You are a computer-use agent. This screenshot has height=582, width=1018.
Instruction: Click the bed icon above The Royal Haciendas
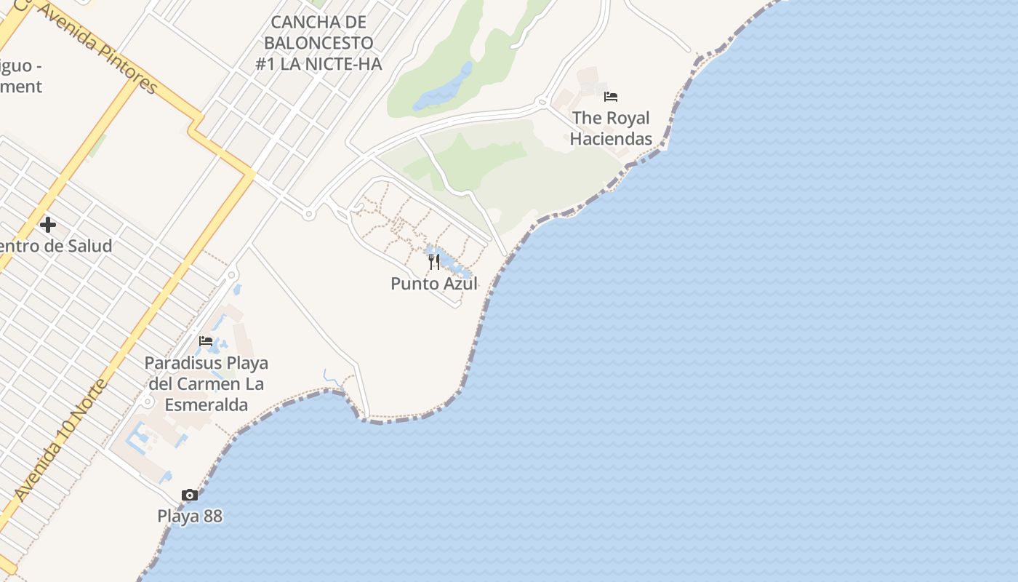click(x=611, y=96)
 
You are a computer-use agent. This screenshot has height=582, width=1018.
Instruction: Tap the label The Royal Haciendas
click(x=611, y=128)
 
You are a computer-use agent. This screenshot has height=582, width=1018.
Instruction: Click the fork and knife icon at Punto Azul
click(x=434, y=262)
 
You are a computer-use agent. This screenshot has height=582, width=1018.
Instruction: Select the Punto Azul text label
click(x=434, y=284)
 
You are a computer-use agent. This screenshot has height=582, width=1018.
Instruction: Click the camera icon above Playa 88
click(x=190, y=495)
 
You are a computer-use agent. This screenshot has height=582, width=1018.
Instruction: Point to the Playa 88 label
click(x=190, y=517)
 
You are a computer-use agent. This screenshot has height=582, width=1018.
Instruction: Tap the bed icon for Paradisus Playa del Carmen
click(x=206, y=341)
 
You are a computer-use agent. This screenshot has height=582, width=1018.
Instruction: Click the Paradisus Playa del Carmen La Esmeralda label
click(x=207, y=383)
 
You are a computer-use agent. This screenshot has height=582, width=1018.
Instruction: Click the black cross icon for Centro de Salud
click(x=48, y=225)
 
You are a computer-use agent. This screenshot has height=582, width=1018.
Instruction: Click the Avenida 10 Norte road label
click(x=61, y=439)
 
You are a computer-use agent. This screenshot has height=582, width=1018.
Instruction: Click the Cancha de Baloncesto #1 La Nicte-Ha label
click(x=318, y=43)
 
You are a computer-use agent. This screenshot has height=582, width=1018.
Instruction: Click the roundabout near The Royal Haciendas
click(x=542, y=103)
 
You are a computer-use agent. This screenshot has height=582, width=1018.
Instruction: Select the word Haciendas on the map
click(x=611, y=139)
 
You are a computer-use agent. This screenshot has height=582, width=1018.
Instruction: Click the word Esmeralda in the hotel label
click(x=207, y=404)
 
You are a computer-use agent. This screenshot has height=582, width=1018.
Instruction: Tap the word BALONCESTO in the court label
click(x=318, y=43)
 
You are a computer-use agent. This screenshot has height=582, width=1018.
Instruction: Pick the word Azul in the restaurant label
click(x=459, y=284)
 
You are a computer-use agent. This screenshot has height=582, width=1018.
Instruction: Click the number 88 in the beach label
click(x=211, y=517)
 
